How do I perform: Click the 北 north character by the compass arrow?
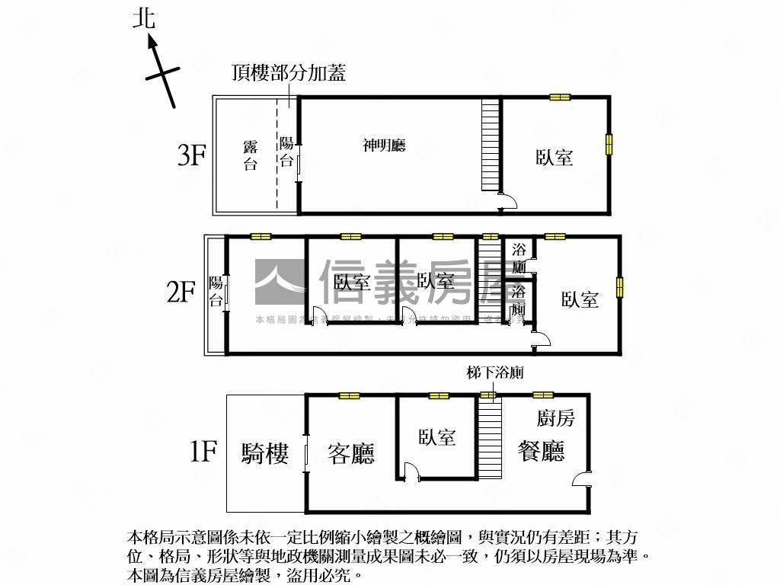click(x=143, y=18)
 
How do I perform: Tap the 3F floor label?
click(x=192, y=155)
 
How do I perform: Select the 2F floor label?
click(x=182, y=292)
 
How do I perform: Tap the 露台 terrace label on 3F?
click(x=250, y=155)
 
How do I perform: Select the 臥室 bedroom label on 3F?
click(x=554, y=158)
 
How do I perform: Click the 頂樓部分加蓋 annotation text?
click(x=289, y=72)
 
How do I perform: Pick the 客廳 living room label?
click(x=351, y=454)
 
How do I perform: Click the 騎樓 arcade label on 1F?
click(x=265, y=454)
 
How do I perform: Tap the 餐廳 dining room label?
click(x=541, y=451)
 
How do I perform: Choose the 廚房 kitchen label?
click(x=555, y=417)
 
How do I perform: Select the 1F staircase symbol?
click(x=491, y=437)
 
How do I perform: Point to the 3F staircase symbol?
click(x=491, y=146)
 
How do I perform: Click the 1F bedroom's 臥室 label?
click(x=436, y=437)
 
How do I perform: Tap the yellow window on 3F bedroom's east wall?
click(x=609, y=145)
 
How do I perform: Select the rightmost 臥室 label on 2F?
click(x=580, y=299)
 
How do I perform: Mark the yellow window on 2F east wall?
click(x=620, y=286)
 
